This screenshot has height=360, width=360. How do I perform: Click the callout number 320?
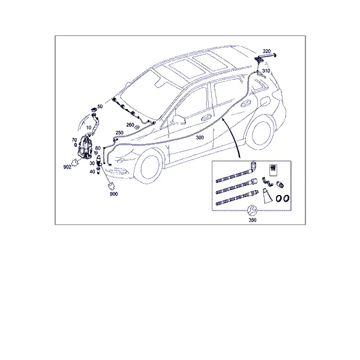[x=266, y=51]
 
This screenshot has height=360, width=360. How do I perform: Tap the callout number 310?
[x=266, y=71]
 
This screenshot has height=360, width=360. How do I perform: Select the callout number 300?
[x=200, y=137]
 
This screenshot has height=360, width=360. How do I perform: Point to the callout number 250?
[x=119, y=133]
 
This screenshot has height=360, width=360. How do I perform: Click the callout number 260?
[x=130, y=125]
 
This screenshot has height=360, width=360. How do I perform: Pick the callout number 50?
[x=100, y=107]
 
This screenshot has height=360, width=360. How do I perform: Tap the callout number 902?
[x=67, y=167]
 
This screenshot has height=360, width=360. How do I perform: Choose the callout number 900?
[x=113, y=194]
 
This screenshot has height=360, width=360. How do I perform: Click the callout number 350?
[x=253, y=220]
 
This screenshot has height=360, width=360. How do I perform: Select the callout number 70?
[x=74, y=140]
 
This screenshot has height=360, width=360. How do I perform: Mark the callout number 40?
[x=92, y=172]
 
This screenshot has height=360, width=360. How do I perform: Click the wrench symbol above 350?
[x=252, y=210]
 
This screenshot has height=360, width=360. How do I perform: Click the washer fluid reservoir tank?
[x=85, y=147]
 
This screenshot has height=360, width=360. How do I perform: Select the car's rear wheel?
[x=261, y=133]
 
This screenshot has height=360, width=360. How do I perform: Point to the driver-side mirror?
[x=179, y=119]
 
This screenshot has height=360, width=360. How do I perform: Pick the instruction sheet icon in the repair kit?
[x=273, y=170]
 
